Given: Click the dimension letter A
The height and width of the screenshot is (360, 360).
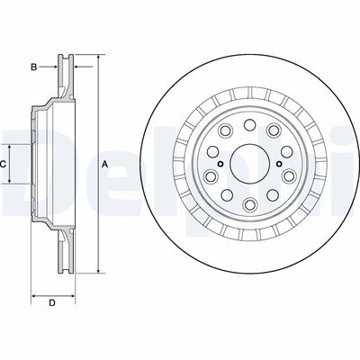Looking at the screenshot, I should coord(105,164).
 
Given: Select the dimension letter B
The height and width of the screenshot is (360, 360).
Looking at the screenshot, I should coord(33,67).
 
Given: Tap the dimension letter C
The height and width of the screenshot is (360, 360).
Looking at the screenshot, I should coord(4,164).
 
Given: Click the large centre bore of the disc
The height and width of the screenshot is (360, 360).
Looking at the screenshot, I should coord(246,163).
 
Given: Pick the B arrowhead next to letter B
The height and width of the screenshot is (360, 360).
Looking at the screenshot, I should coord(53,67).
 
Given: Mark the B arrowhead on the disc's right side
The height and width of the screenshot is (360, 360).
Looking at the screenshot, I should coord(76,67).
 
